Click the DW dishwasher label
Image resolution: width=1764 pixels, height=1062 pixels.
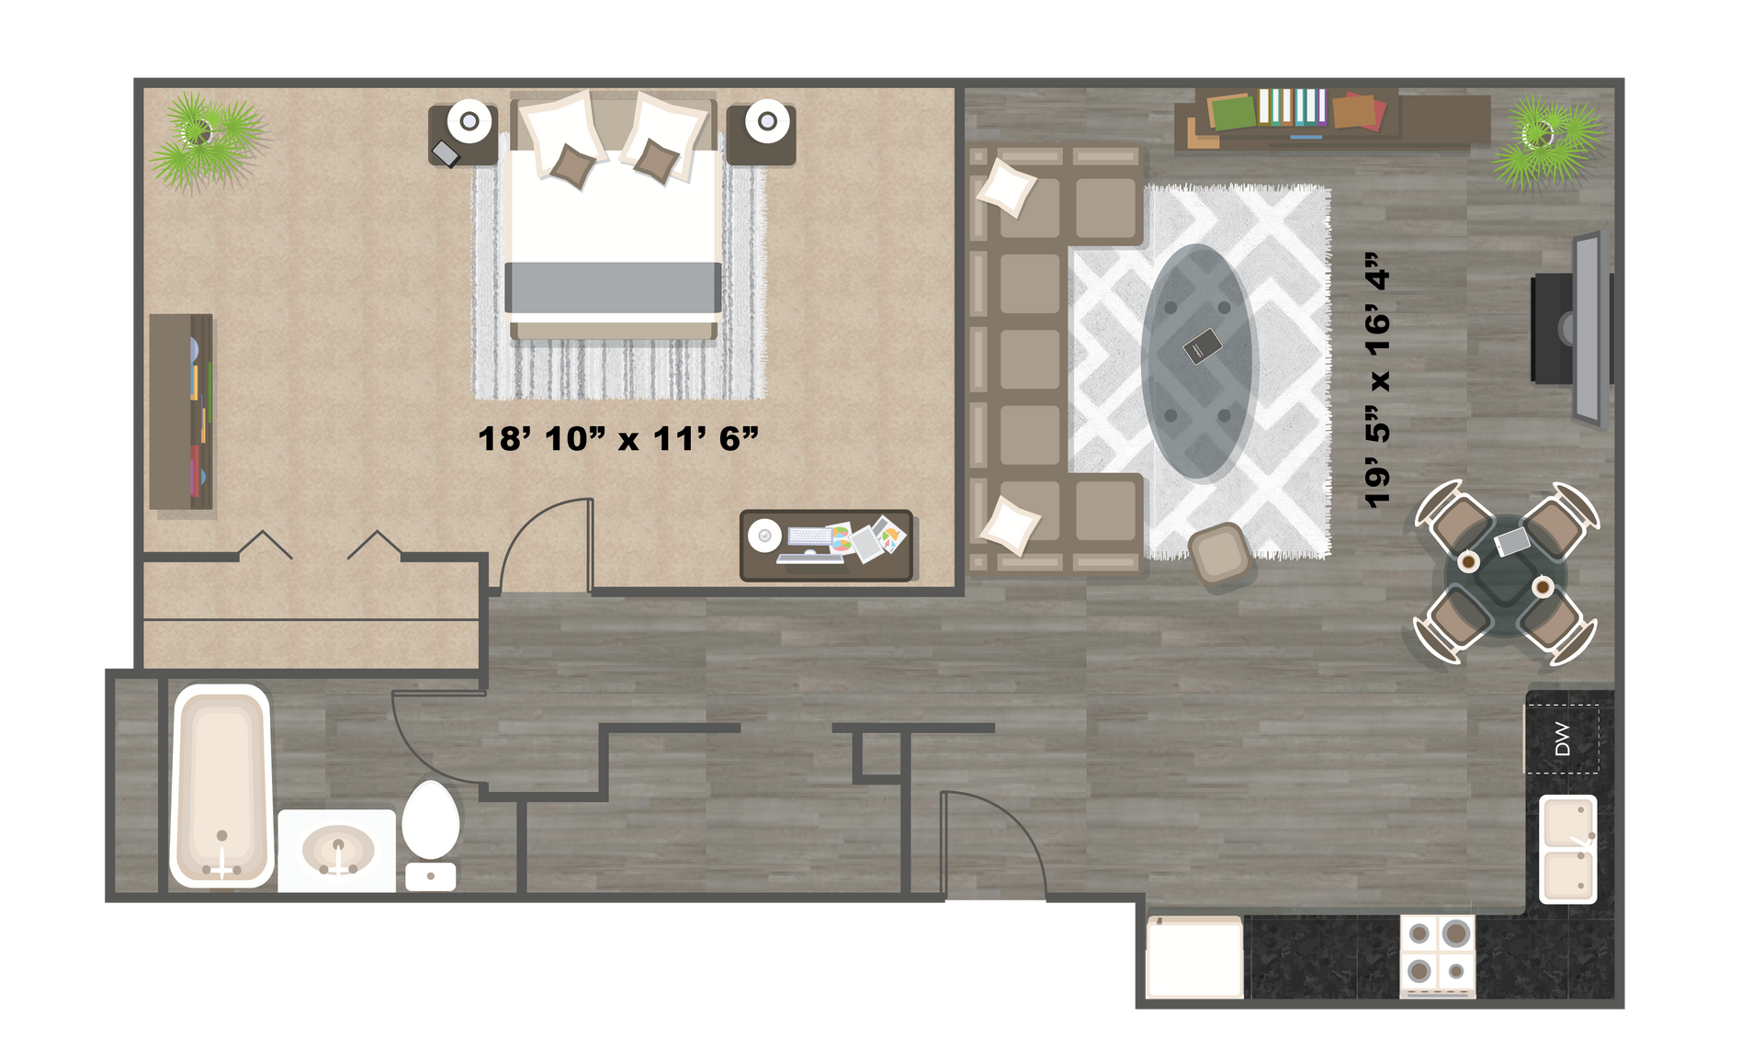coord(1563,739)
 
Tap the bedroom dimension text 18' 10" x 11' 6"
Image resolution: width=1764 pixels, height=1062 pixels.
coord(617,439)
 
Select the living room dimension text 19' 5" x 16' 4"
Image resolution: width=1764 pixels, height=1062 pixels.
coord(1377,379)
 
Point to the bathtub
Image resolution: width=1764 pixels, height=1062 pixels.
coord(221,785)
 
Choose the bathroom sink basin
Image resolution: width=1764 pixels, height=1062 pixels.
coord(338,851)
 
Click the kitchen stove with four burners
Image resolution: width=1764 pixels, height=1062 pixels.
coord(1437,955)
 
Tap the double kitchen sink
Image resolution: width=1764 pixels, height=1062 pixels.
coord(1567,849)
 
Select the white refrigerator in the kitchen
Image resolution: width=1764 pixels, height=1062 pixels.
coord(1194,956)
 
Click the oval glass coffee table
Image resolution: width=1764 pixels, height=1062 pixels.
coord(1197,362)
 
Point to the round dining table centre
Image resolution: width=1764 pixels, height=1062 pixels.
coord(1505,576)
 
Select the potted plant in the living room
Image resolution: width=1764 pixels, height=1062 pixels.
coord(1546,140)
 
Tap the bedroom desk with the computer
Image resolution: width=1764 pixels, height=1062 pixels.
coord(826,545)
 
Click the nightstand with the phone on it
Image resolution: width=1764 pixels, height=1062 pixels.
coord(463,135)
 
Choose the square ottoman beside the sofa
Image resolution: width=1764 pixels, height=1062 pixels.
coord(1219,554)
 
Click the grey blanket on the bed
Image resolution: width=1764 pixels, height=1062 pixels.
coord(613,287)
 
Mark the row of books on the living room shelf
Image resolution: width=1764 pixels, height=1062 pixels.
coord(1292,107)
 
